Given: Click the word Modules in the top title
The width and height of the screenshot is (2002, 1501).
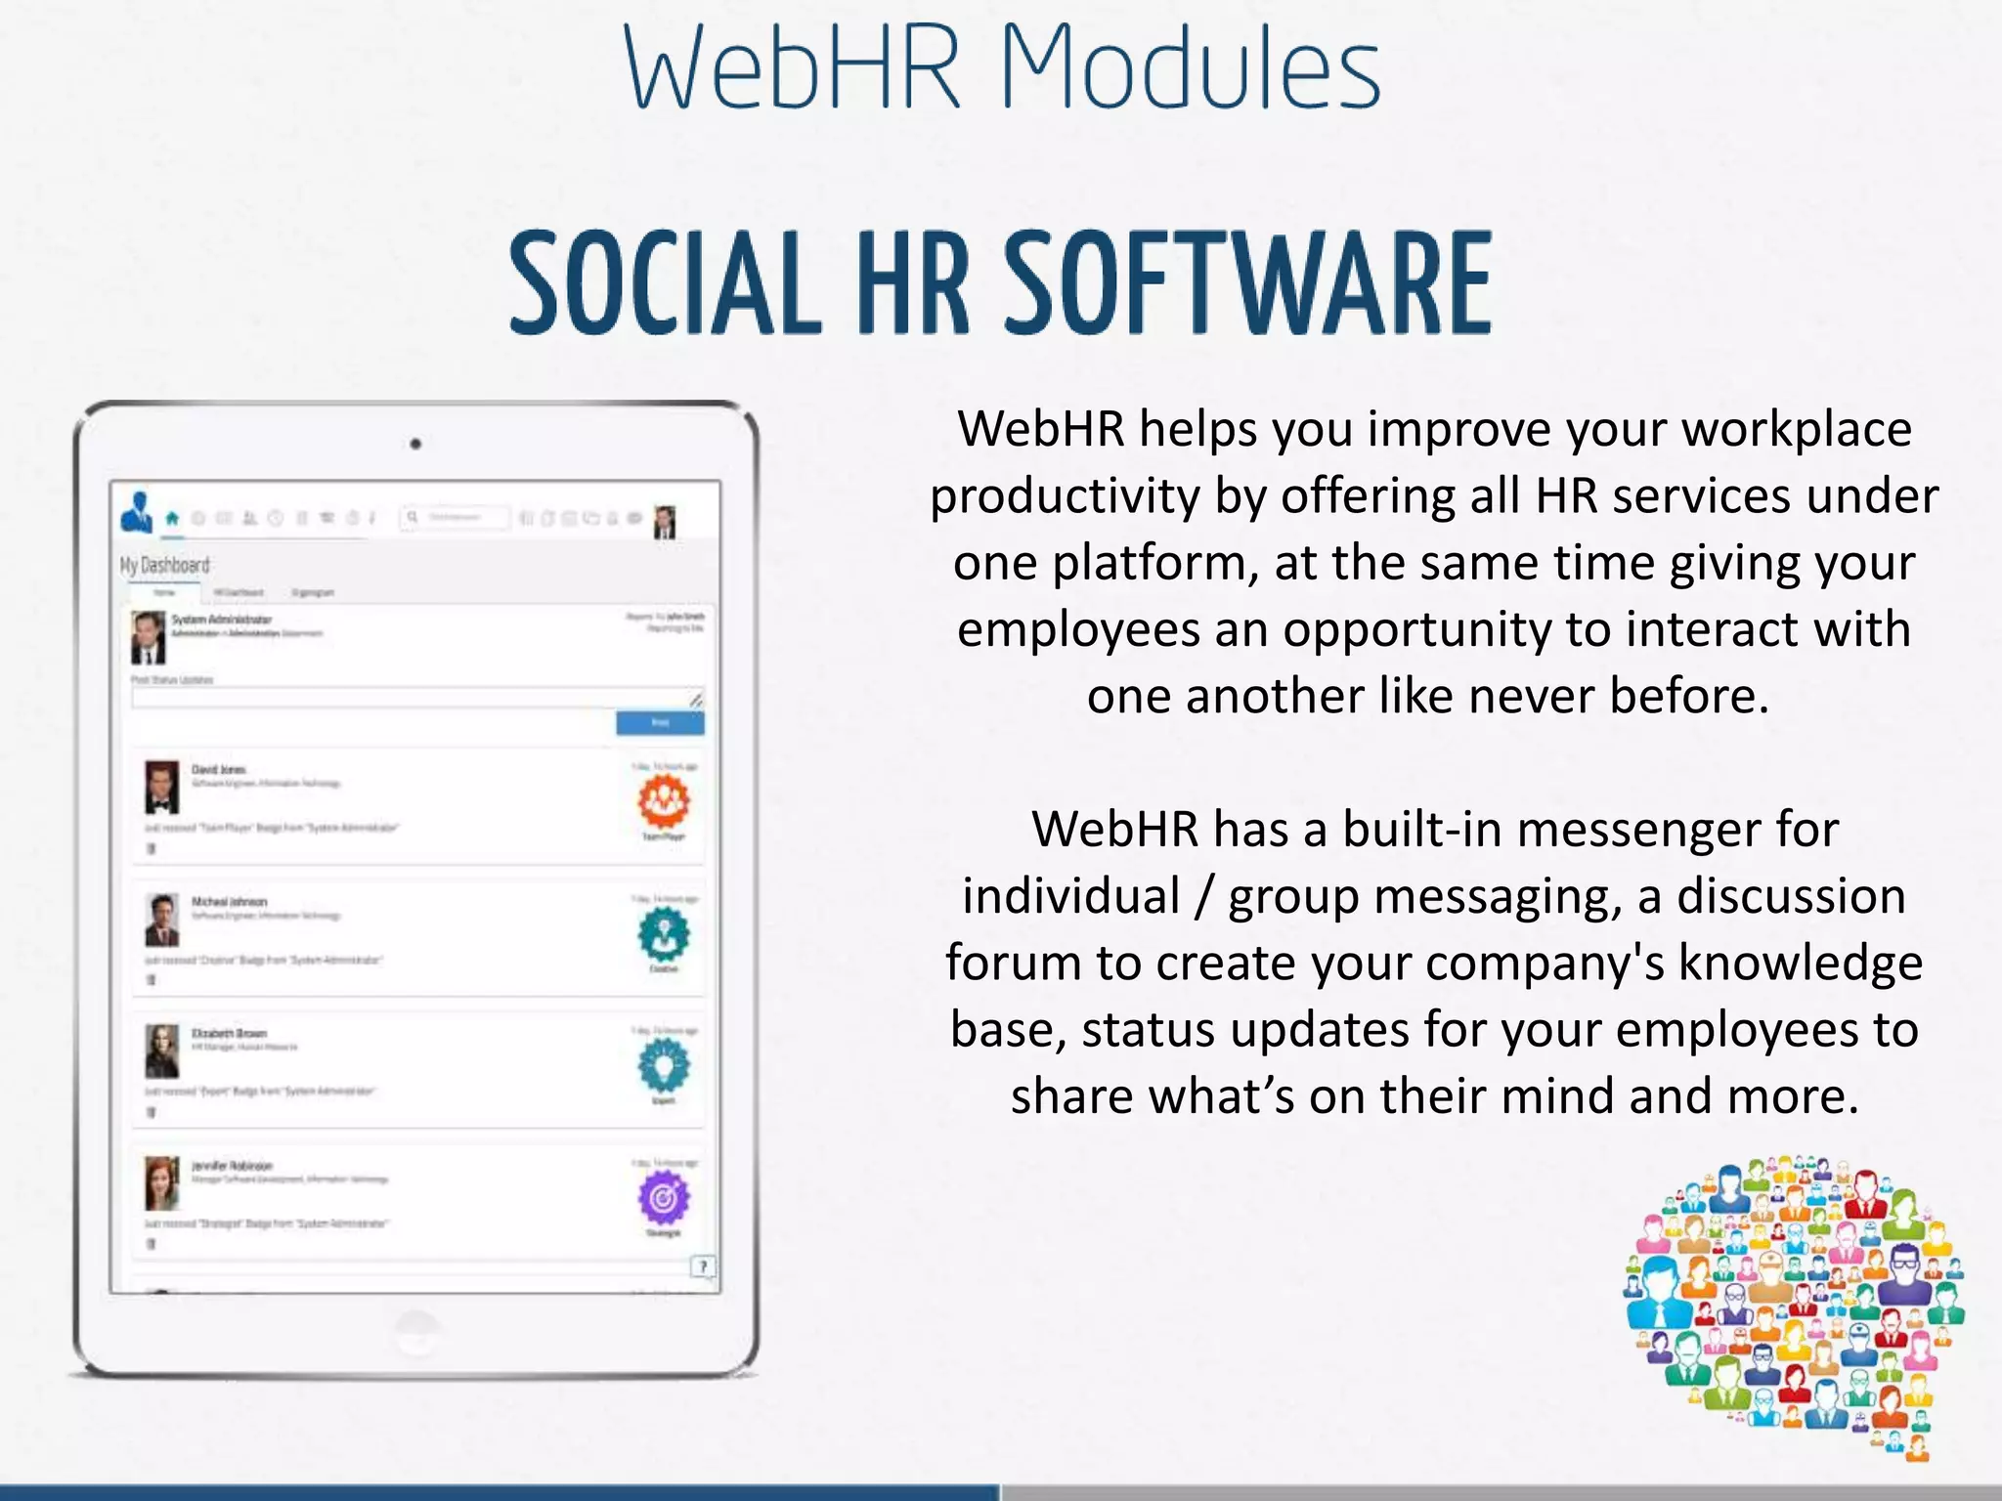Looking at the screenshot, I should tap(1190, 68).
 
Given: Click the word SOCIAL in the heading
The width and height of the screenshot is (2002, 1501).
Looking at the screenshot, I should tap(665, 283).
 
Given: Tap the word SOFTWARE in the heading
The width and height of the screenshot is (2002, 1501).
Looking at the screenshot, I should tap(1248, 283).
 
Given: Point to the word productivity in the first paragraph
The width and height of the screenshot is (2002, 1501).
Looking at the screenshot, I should tap(1064, 496).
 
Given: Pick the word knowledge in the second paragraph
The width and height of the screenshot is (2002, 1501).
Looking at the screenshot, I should tap(1800, 963).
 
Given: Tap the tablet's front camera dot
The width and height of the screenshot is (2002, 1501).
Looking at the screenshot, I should tap(415, 444).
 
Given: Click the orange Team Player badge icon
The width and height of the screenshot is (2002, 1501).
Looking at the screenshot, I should tap(664, 799).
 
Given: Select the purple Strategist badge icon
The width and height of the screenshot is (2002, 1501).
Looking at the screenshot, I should tap(664, 1198).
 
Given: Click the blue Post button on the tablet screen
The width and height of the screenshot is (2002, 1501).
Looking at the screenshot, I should tap(660, 722).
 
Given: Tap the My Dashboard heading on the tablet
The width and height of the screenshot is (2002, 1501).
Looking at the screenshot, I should tap(164, 566).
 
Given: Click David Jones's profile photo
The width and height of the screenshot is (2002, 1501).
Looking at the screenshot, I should tap(162, 787).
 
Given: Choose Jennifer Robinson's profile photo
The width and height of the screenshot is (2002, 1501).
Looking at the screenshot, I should tap(162, 1182).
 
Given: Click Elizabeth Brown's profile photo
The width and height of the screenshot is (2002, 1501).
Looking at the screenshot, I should tap(162, 1051).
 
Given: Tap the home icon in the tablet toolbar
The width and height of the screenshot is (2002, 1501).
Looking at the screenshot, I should tap(172, 518).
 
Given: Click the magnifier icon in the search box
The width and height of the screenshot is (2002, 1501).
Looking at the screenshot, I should tap(413, 517).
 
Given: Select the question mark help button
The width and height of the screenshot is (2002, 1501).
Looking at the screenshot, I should tap(703, 1266).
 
